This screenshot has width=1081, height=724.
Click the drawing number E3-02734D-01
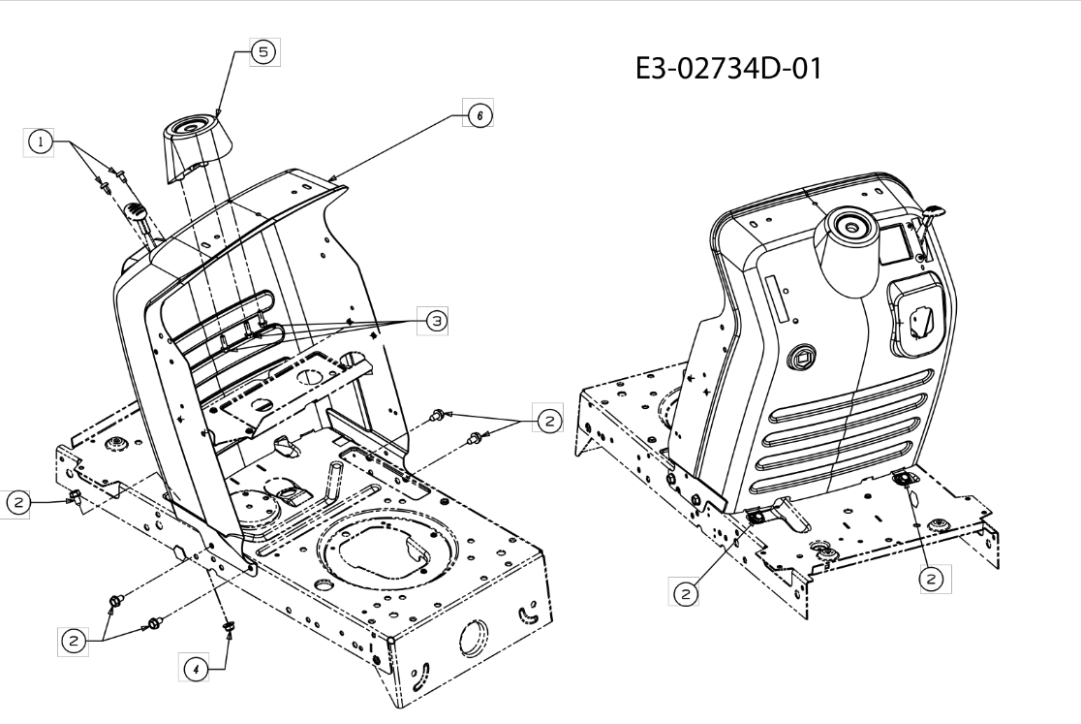[728, 69]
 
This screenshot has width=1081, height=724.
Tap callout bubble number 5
[263, 51]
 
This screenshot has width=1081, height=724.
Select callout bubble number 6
[479, 114]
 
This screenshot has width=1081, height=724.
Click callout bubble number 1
[40, 142]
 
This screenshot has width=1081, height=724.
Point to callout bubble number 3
[435, 321]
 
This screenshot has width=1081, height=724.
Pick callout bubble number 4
[196, 668]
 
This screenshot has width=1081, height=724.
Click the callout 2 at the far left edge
[18, 503]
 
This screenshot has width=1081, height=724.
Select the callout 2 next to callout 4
[73, 642]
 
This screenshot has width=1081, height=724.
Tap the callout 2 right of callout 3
[549, 420]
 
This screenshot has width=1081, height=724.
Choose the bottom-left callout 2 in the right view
[685, 593]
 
